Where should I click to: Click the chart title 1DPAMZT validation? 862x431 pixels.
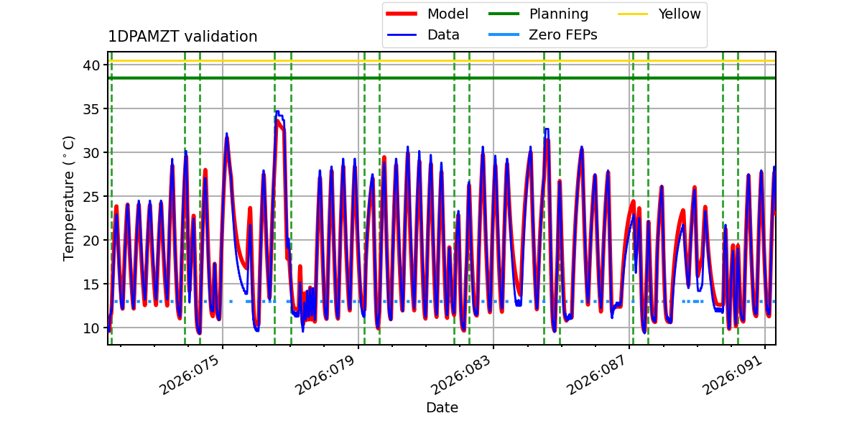(182, 37)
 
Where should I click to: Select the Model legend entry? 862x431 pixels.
(448, 14)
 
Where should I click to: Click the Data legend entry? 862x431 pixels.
(443, 34)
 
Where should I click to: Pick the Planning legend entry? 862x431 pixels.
(558, 14)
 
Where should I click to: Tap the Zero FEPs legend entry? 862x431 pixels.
(562, 34)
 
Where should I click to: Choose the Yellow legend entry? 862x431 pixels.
(679, 14)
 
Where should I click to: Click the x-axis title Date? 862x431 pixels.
(442, 408)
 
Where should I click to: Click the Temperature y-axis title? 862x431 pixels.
(70, 198)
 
